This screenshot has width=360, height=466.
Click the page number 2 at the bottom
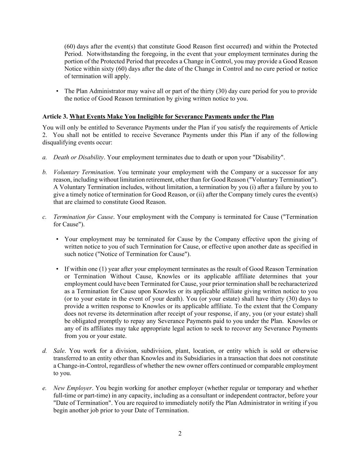(x=180, y=434)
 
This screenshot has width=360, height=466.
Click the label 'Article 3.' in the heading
(x=55, y=117)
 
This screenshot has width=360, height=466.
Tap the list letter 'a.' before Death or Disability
(x=45, y=157)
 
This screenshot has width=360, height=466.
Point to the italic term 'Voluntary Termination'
(x=83, y=172)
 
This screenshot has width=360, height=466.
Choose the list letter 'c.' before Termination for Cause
(x=45, y=217)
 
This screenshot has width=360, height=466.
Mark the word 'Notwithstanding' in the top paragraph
(x=108, y=54)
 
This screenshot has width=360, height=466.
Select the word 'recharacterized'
(x=298, y=284)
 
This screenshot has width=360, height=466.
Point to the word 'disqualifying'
(x=59, y=143)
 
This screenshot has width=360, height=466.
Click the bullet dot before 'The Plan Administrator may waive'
(x=57, y=91)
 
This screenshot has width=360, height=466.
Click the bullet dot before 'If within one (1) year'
(x=57, y=269)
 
